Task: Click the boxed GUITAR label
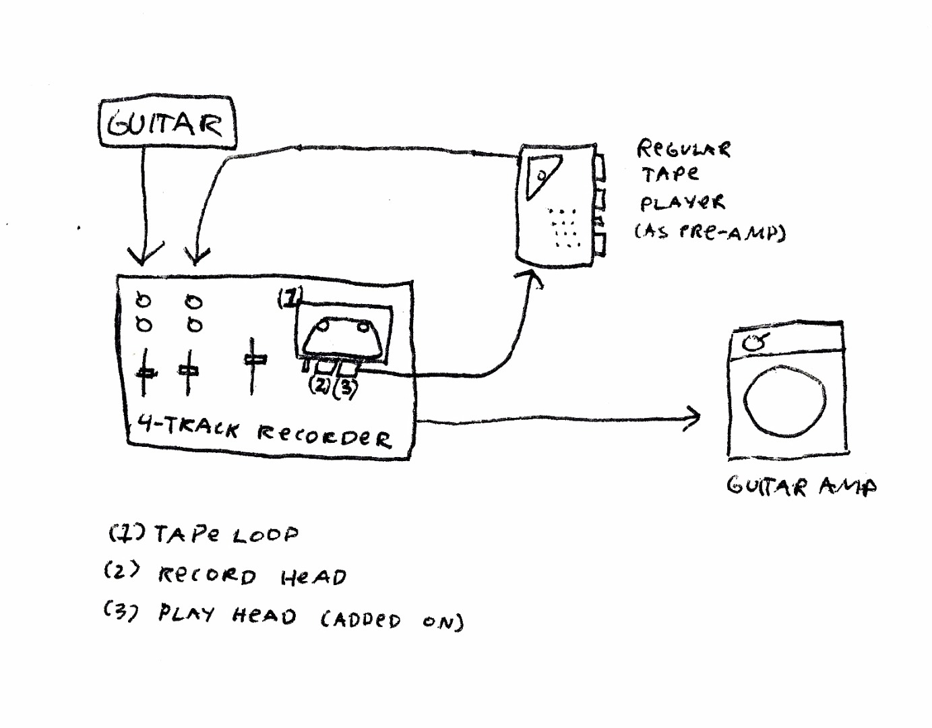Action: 168,124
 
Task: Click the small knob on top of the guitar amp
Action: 755,342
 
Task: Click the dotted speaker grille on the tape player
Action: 564,227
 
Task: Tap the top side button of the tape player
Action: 600,167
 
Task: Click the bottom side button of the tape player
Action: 600,244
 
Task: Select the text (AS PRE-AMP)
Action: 709,233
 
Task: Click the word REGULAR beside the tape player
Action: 683,149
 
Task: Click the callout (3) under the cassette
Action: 344,388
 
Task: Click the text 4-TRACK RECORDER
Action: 263,431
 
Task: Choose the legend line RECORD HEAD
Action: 225,575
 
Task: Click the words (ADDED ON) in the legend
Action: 392,619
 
